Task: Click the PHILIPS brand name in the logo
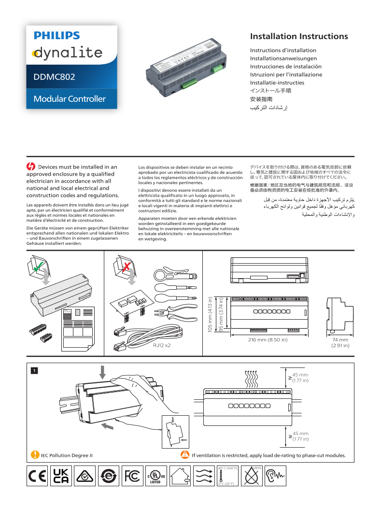(x=56, y=35)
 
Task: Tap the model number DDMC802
(x=54, y=77)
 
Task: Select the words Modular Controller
(x=69, y=99)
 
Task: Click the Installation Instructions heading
(x=298, y=37)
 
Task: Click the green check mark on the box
(x=38, y=264)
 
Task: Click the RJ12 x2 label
(x=162, y=345)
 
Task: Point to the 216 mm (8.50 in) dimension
(x=268, y=340)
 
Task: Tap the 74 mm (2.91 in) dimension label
(x=340, y=342)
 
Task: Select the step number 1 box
(x=34, y=370)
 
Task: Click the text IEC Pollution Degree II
(x=67, y=455)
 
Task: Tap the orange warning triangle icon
(x=184, y=454)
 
